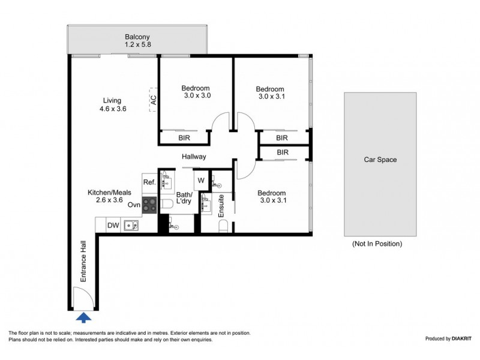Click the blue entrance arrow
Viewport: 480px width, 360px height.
click(x=85, y=317)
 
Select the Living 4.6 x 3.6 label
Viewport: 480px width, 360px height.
click(x=112, y=104)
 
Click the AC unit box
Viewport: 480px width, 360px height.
click(x=154, y=100)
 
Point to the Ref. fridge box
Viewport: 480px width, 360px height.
click(x=149, y=182)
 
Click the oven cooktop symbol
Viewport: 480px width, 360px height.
click(x=149, y=204)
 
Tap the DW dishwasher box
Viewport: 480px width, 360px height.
click(x=113, y=226)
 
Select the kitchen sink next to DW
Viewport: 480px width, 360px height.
click(x=131, y=226)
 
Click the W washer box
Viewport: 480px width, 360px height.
click(x=200, y=181)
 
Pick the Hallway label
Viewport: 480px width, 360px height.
click(x=194, y=157)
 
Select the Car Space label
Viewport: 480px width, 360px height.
click(x=380, y=160)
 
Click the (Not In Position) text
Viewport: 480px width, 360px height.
click(x=377, y=244)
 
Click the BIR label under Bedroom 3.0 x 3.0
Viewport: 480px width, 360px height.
click(x=185, y=137)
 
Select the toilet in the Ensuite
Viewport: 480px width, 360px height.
click(x=223, y=226)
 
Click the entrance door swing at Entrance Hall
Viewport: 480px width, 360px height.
click(x=80, y=298)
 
